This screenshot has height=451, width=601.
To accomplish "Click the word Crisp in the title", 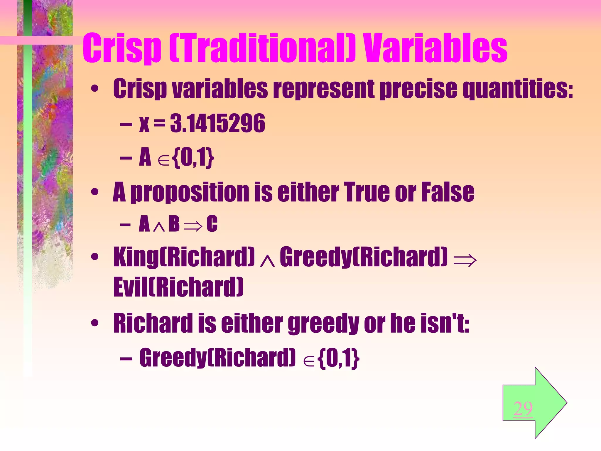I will coord(122,48).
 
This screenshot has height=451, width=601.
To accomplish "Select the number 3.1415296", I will coord(217,124).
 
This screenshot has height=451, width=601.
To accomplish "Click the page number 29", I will coord(523,408).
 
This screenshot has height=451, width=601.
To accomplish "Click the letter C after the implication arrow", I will coord(212,224).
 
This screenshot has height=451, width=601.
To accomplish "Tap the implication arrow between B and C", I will coord(193,225).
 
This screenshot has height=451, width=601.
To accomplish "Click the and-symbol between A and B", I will coord(159,227).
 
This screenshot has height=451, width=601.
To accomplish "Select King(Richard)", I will coord(184,257).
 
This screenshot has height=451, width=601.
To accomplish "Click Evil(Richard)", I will coord(178,287).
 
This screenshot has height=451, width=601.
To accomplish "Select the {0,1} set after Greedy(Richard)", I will coord(338,358).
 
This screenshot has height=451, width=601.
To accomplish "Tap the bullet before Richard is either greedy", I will coord(94,323).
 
